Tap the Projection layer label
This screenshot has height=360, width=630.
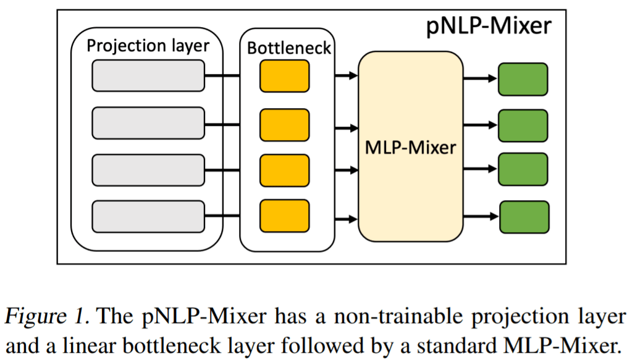pyautogui.click(x=148, y=46)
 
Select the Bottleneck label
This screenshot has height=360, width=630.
pyautogui.click(x=289, y=48)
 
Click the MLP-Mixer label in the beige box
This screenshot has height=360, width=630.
pyautogui.click(x=411, y=148)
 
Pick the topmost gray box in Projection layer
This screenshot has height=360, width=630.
pyautogui.click(x=148, y=75)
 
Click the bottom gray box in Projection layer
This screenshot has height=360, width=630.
pyautogui.click(x=148, y=216)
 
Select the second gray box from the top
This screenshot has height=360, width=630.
pyautogui.click(x=148, y=123)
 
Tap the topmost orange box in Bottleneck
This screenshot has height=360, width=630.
pyautogui.click(x=284, y=77)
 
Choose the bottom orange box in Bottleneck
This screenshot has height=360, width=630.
pyautogui.click(x=284, y=216)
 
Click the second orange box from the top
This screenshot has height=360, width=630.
pyautogui.click(x=284, y=125)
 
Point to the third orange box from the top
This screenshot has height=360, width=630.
pyautogui.click(x=284, y=170)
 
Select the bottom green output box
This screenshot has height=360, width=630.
pyautogui.click(x=523, y=217)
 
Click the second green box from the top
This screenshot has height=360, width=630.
pyautogui.click(x=523, y=126)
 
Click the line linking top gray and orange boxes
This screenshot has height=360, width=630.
pyautogui.click(x=222, y=76)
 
